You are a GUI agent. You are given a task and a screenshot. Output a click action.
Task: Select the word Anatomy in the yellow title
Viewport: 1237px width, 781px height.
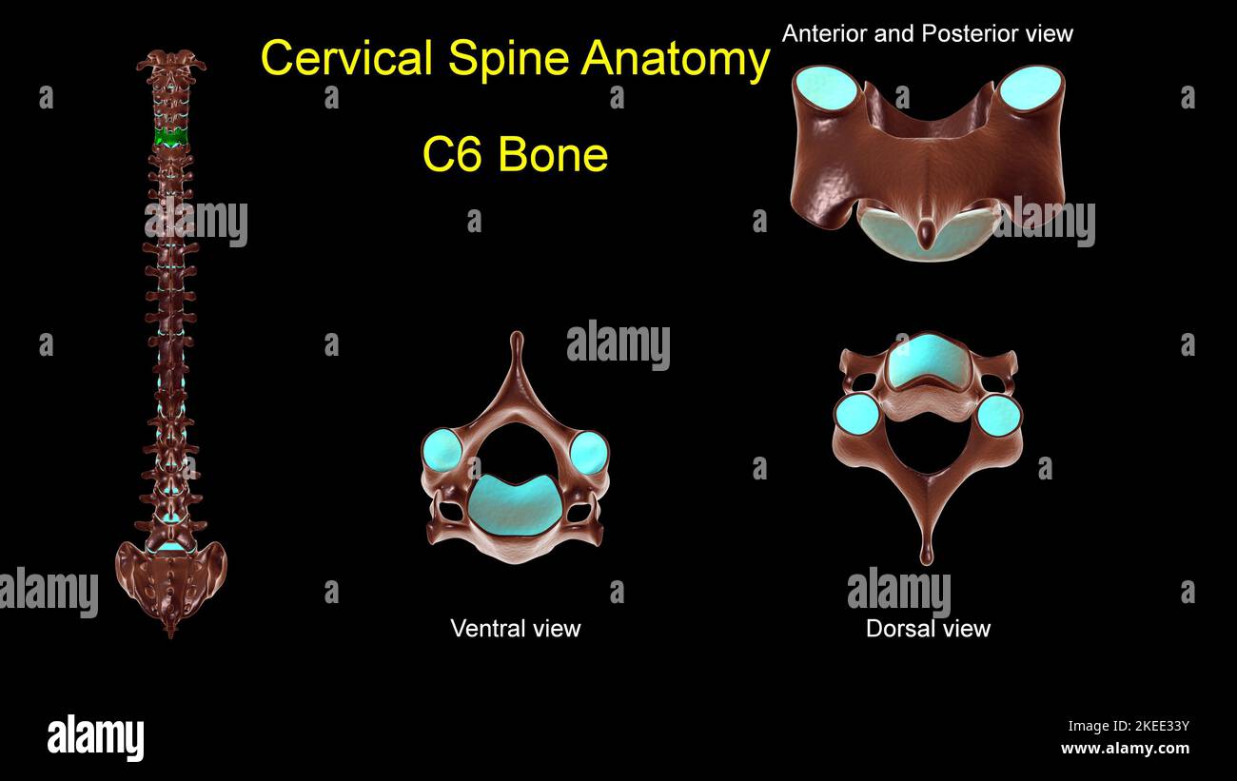click(x=676, y=59)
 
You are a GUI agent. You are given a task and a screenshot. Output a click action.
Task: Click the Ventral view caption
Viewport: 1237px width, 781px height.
click(x=515, y=628)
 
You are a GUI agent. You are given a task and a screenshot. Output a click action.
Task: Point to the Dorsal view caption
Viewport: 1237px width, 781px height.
click(x=928, y=628)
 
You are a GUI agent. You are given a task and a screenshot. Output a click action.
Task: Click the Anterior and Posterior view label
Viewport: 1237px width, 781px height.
click(x=927, y=34)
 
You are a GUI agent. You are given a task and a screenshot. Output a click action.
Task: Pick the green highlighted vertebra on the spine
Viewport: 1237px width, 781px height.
click(x=171, y=138)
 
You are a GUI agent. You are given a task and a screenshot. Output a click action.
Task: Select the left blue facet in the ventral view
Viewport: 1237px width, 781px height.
click(x=442, y=452)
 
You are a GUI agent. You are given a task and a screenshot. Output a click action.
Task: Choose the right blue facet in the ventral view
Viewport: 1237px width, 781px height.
click(x=589, y=452)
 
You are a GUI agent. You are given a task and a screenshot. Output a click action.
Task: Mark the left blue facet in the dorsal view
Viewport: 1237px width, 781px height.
click(x=857, y=414)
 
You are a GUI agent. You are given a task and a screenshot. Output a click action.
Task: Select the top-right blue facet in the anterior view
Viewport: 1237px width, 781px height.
click(x=1031, y=88)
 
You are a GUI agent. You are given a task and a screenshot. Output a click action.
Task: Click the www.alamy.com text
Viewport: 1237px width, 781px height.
click(x=1124, y=749)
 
